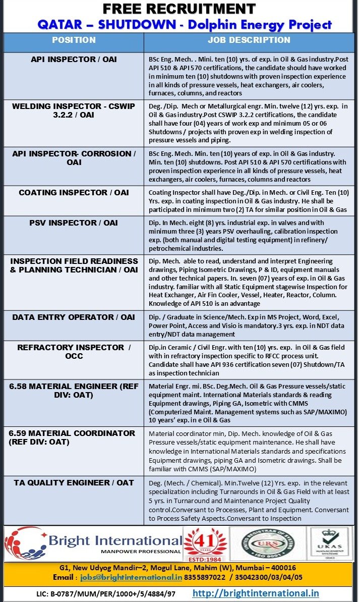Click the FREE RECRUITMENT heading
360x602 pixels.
click(179, 9)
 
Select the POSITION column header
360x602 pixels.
click(74, 40)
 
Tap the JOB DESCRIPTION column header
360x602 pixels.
click(249, 40)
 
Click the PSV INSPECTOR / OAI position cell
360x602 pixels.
click(74, 223)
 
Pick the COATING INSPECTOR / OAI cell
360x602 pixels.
click(74, 192)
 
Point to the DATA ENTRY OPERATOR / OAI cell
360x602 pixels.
click(74, 317)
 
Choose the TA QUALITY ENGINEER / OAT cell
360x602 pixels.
click(74, 482)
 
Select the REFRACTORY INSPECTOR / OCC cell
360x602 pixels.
click(74, 351)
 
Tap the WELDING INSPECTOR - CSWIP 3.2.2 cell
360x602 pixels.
click(74, 111)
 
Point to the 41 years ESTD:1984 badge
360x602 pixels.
click(204, 544)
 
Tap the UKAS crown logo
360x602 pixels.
click(330, 543)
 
